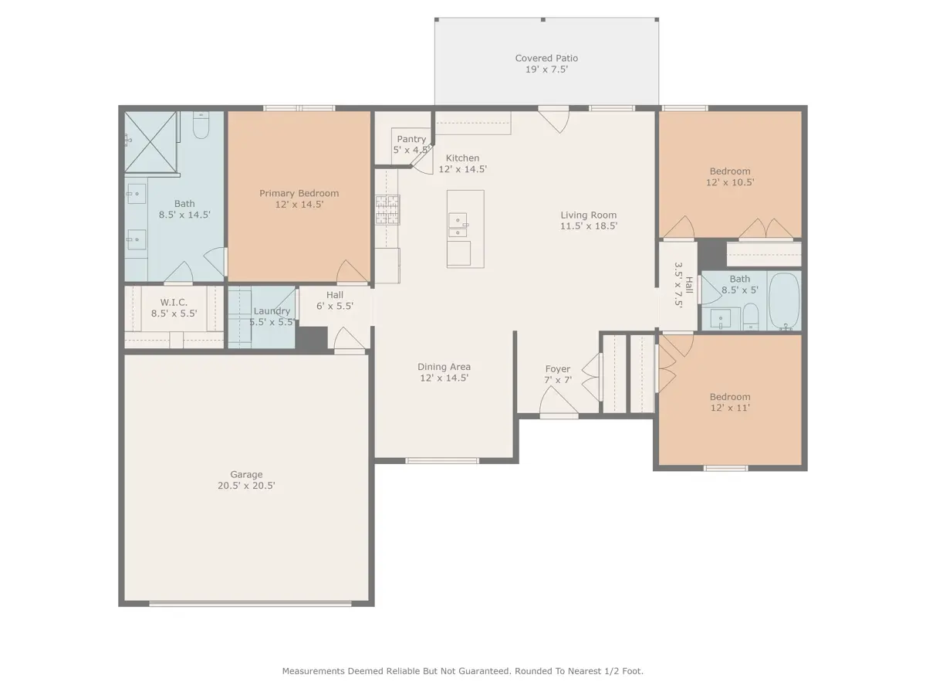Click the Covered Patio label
[x=546, y=58]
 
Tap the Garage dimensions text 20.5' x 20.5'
[x=246, y=486]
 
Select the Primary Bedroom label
[x=299, y=193]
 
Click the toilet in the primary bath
[x=201, y=125]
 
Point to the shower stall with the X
[x=150, y=142]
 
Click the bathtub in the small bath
[x=784, y=300]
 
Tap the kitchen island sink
[x=458, y=225]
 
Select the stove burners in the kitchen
[x=387, y=210]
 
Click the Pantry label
[x=411, y=139]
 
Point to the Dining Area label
[x=444, y=367]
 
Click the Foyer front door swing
[x=559, y=401]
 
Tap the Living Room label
[x=589, y=215]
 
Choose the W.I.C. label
[x=174, y=303]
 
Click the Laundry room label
[x=272, y=311]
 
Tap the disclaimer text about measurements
[x=463, y=671]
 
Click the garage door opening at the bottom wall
[x=251, y=604]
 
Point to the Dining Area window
[x=442, y=461]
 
